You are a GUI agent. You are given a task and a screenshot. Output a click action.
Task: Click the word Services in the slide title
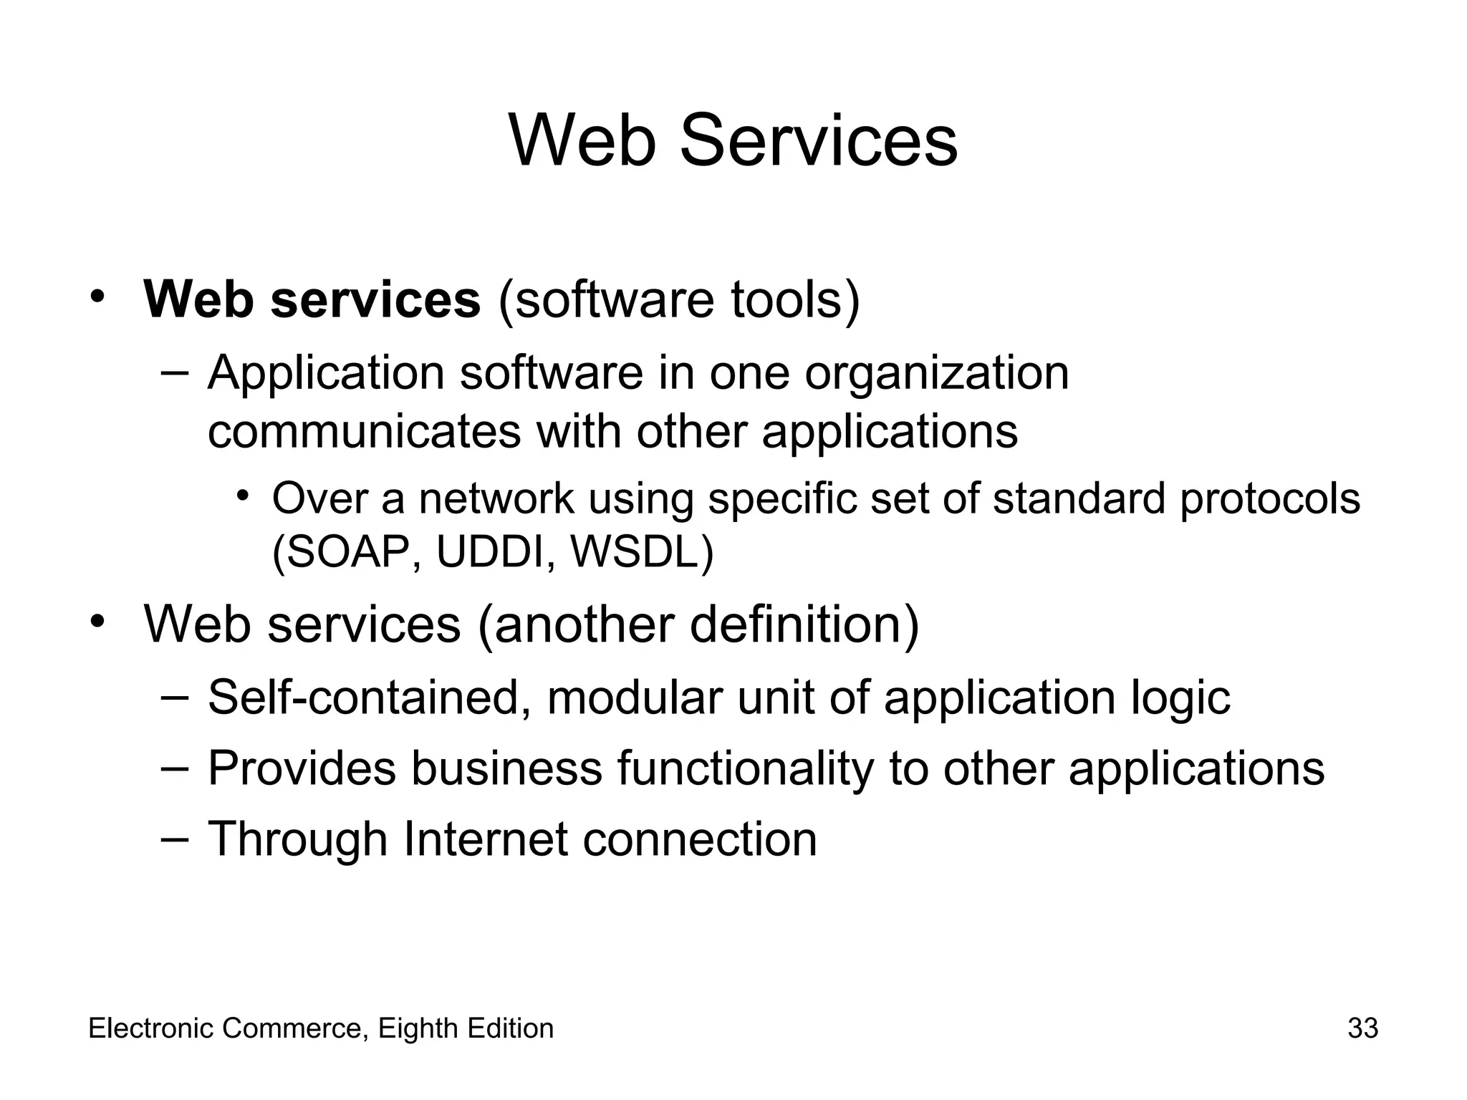(818, 141)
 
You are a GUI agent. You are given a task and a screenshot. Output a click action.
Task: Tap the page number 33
(1362, 1028)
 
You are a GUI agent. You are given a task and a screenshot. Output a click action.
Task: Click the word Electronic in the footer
(151, 1028)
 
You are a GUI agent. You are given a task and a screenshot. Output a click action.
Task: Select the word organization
(936, 374)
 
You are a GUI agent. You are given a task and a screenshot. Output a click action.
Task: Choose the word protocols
(1269, 498)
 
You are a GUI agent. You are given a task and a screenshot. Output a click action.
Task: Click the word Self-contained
(362, 697)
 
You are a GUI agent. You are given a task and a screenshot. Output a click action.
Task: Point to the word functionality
(745, 768)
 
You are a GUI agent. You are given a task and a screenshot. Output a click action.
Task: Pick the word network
(496, 498)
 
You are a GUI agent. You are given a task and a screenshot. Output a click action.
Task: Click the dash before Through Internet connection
(175, 839)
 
